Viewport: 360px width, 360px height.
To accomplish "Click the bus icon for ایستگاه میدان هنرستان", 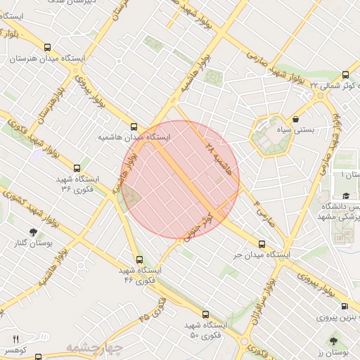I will (x=46, y=49).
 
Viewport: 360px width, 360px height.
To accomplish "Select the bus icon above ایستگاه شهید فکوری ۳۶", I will (x=77, y=168).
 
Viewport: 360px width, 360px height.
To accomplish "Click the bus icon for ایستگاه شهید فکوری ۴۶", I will (x=138, y=259).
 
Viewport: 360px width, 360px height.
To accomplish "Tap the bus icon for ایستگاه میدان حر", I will (x=262, y=243).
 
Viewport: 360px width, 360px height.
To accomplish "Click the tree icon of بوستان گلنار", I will (x=33, y=232).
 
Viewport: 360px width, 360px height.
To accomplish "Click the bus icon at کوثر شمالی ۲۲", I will (x=345, y=75).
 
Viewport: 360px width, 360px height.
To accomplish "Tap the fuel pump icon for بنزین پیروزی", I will (x=345, y=306).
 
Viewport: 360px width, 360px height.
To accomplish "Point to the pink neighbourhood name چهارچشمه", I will (x=94, y=347).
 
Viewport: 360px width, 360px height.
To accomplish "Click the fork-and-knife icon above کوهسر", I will (x=16, y=339).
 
